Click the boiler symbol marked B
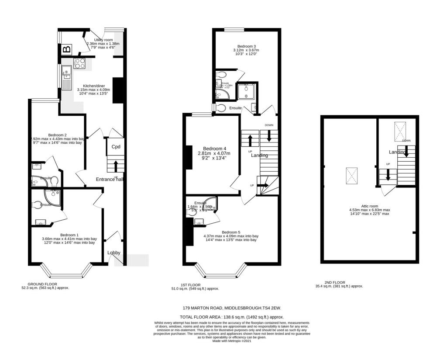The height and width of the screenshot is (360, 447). [66, 49]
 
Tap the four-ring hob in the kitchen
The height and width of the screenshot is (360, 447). [80, 63]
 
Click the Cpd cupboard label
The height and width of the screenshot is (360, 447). [116, 147]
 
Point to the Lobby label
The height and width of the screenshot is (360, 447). [114, 253]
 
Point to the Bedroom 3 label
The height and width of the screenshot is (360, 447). [246, 46]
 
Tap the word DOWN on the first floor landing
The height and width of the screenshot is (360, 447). [268, 125]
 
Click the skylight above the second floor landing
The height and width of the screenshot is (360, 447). [400, 131]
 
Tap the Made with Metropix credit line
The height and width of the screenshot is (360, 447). [231, 341]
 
